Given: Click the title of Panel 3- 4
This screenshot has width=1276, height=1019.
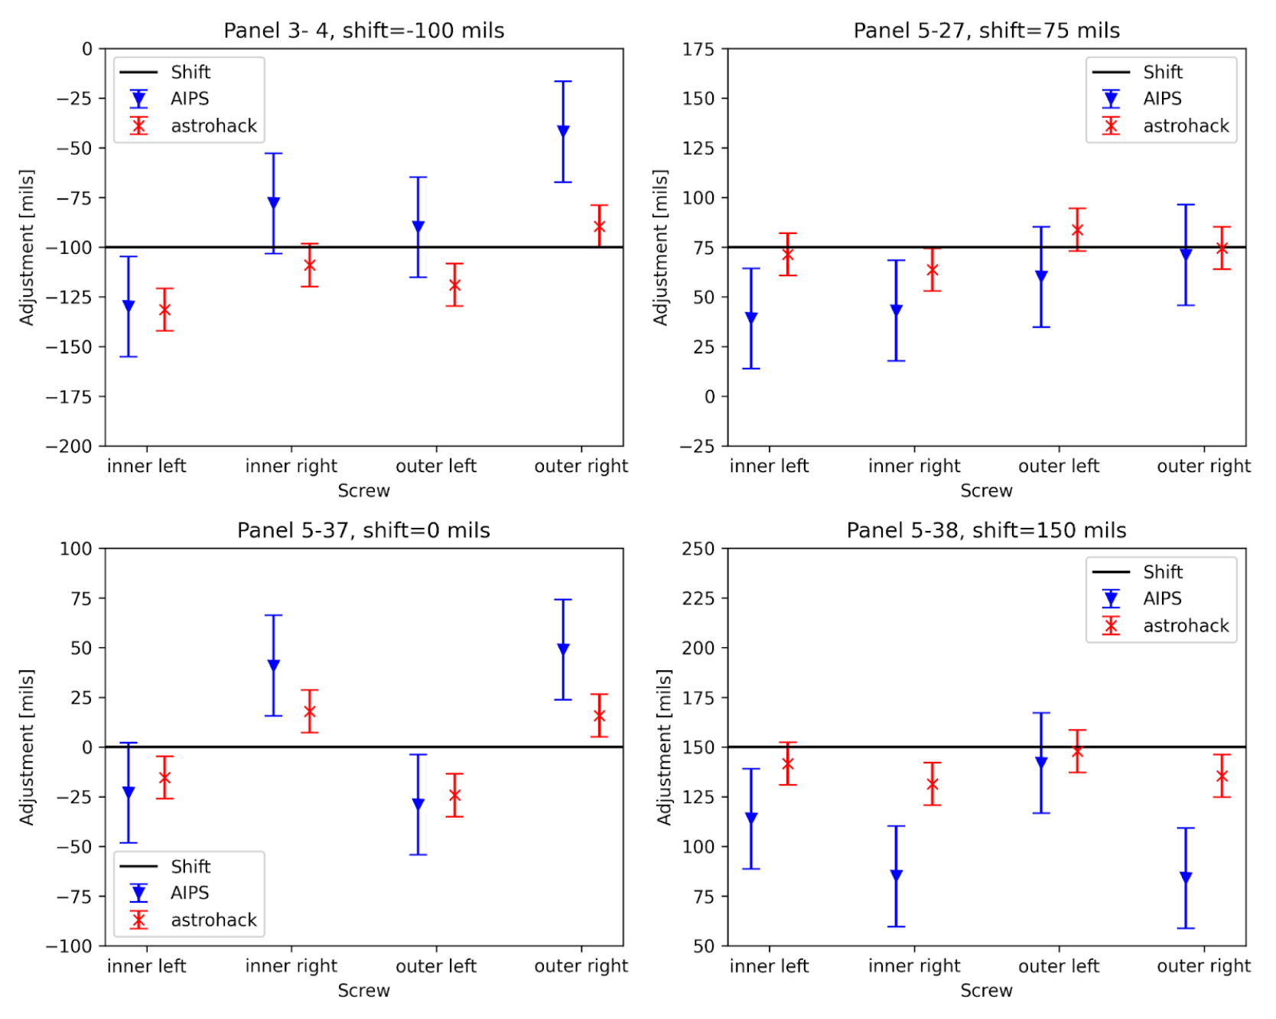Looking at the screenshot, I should [x=363, y=31].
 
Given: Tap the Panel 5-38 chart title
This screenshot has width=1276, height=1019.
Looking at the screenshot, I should [x=985, y=530].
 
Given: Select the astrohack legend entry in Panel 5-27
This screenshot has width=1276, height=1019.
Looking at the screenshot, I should [x=1185, y=126].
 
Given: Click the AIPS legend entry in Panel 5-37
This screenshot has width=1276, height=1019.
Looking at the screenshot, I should [x=190, y=893].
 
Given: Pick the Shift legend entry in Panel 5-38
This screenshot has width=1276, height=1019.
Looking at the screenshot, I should [x=1162, y=572].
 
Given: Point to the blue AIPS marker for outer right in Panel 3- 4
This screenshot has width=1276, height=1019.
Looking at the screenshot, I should [x=563, y=131].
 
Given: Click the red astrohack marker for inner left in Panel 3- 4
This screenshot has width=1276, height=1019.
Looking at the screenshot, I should [x=164, y=310].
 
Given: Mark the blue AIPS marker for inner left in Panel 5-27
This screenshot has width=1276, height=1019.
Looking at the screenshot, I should [x=751, y=317].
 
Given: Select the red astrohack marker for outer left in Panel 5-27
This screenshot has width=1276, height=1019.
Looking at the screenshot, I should [x=1077, y=230].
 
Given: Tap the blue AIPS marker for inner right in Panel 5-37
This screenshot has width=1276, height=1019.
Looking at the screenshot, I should [x=273, y=666].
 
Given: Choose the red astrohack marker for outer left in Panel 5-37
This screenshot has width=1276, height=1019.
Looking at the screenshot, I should [x=454, y=796].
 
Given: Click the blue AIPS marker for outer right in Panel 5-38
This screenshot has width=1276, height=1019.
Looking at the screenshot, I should [x=1186, y=877].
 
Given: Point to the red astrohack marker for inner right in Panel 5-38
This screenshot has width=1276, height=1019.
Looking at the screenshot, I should [x=932, y=784].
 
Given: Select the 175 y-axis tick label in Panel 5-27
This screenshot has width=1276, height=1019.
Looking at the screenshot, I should [x=698, y=50].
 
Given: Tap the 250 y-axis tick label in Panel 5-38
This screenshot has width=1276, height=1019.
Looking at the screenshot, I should [x=698, y=549].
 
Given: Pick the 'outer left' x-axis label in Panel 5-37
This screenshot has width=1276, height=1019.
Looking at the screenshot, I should [x=436, y=966].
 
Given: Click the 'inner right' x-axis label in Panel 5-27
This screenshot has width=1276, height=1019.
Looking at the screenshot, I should [x=913, y=466].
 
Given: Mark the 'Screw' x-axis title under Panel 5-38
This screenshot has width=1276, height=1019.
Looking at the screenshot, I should [x=985, y=991].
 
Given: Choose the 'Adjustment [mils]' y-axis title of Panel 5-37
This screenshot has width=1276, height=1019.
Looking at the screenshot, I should [x=27, y=747].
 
